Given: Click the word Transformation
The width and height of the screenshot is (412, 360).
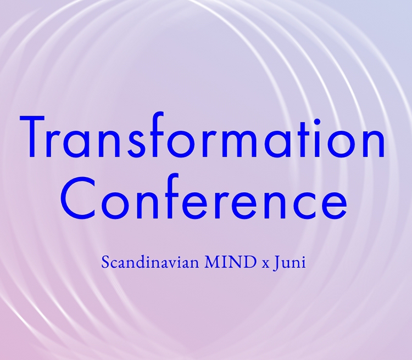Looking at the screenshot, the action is point(202,135).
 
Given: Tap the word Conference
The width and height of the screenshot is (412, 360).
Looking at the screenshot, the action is point(204,197).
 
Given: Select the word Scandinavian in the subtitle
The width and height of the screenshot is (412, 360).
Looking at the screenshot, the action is point(150,262).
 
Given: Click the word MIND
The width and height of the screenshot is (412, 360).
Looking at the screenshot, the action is point(230,262).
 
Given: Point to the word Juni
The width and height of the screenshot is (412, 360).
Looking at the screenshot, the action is point(289,262).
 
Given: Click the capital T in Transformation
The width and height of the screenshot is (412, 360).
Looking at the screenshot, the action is point(32,137).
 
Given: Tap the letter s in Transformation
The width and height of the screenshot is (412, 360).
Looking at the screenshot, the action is point(136,143).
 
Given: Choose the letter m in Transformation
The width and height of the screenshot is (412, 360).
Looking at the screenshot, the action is point(238,143).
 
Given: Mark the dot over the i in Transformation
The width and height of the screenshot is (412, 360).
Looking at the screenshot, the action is point(317,122).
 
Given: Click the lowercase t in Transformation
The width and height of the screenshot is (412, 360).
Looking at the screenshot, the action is point(303,140).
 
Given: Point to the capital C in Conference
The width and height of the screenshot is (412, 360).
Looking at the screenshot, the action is point(78,198).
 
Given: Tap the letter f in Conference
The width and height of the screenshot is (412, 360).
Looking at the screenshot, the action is point(171,196).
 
